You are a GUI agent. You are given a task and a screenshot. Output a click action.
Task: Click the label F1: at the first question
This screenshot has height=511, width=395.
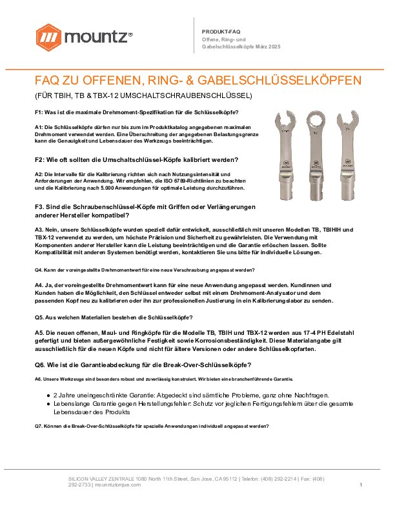(40, 113)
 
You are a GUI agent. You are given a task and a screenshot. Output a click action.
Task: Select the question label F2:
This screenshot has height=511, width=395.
(41, 159)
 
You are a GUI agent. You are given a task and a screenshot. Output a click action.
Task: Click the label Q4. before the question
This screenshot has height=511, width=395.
(39, 270)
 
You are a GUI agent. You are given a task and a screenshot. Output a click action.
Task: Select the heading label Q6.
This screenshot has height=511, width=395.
(41, 365)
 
